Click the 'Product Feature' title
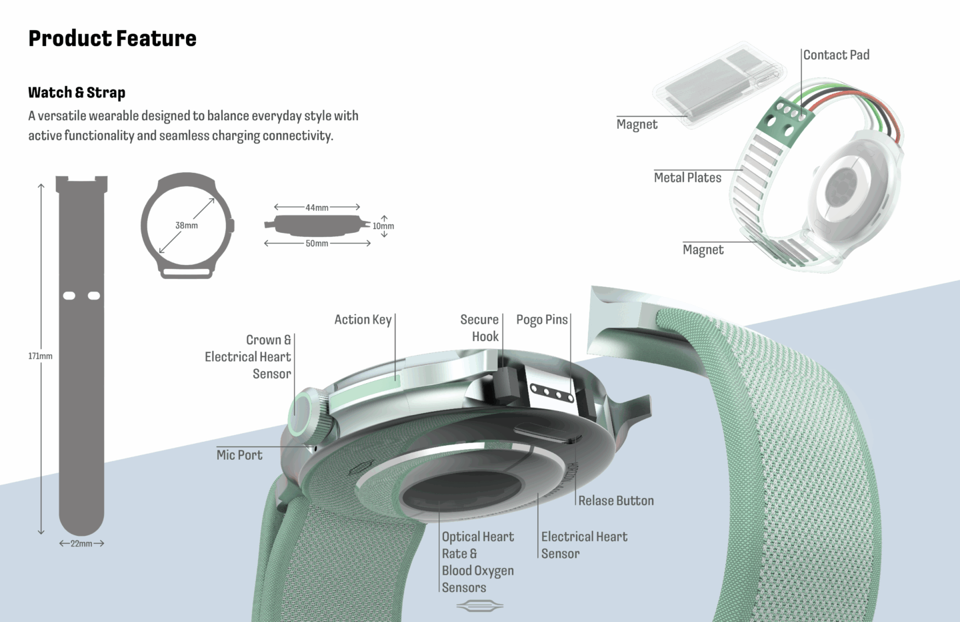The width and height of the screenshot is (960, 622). tap(112, 39)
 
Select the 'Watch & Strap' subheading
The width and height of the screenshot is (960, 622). tap(77, 93)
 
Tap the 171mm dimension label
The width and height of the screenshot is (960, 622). tap(40, 356)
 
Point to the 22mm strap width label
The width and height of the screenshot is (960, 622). tap(81, 544)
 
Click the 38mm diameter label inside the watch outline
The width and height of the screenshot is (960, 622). tap(187, 226)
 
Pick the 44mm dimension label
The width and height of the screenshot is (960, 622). tap(317, 208)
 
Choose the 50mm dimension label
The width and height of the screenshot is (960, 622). tap(317, 244)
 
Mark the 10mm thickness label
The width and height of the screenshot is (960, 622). tap(383, 226)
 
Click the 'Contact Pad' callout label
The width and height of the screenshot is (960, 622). tap(836, 55)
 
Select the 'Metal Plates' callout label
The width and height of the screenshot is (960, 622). tap(687, 178)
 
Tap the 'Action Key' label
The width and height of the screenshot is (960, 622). tap(363, 320)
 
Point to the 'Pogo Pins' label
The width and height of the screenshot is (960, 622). tap(541, 320)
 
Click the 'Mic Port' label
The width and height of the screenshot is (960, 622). tap(239, 455)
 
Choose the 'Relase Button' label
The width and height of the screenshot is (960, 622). tap(616, 501)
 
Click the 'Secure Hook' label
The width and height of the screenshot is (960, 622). tap(479, 328)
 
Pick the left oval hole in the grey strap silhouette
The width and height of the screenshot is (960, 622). tap(69, 295)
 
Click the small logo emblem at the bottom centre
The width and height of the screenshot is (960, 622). tap(479, 606)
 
